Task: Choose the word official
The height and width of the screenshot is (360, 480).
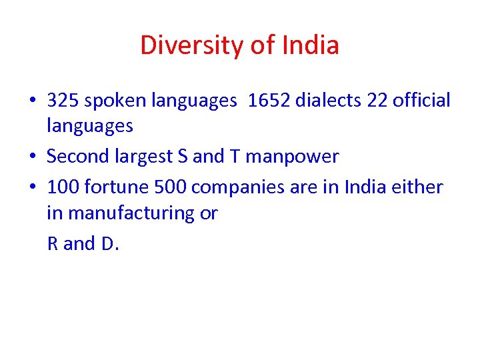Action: [422, 101]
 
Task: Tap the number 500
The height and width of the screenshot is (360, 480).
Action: [169, 187]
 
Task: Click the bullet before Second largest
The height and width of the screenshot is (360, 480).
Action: [33, 157]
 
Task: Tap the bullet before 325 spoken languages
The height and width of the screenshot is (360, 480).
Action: [33, 101]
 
